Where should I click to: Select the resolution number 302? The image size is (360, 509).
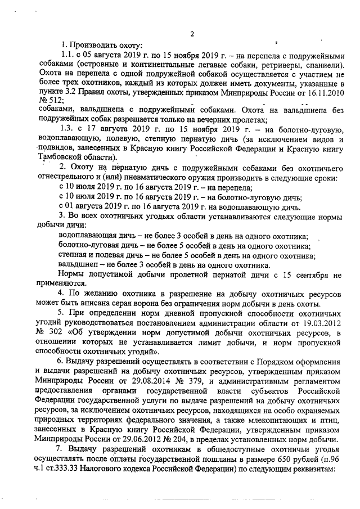tap(58, 334)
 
